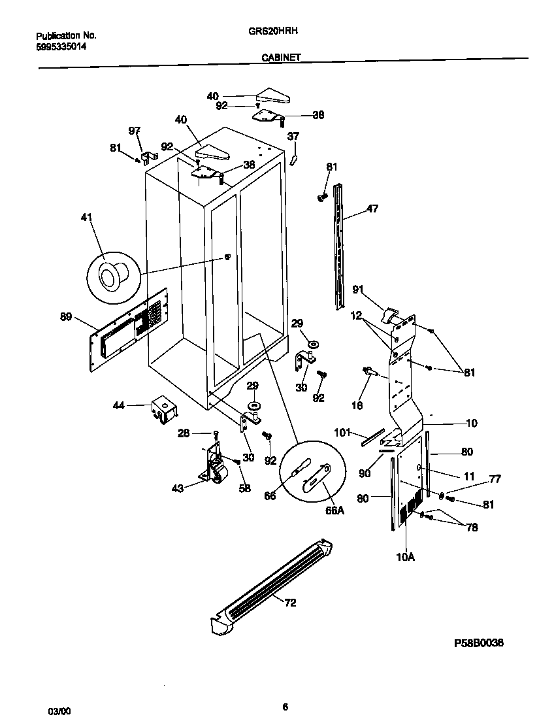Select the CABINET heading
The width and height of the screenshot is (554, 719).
pyautogui.click(x=281, y=58)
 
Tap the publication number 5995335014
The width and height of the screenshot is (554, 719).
pyautogui.click(x=61, y=47)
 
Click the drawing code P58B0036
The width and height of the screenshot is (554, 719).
pyautogui.click(x=479, y=643)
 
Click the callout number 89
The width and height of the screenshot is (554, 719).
pyautogui.click(x=66, y=318)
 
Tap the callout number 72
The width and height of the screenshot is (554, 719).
pyautogui.click(x=290, y=603)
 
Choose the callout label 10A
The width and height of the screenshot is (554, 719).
pyautogui.click(x=406, y=557)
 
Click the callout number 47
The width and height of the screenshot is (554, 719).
pyautogui.click(x=372, y=209)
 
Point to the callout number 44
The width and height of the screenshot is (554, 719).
pyautogui.click(x=118, y=406)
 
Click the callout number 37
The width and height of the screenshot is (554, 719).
pyautogui.click(x=293, y=137)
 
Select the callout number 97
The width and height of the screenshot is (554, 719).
pyautogui.click(x=135, y=131)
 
